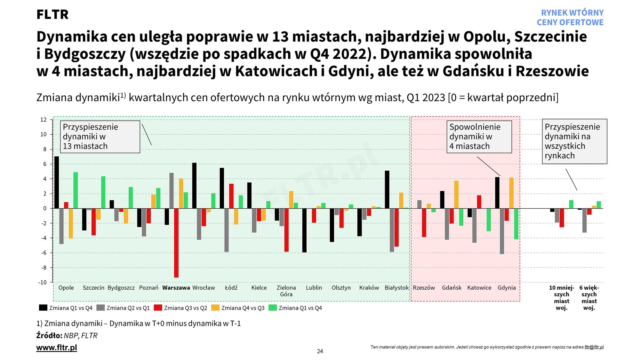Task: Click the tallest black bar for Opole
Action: click(57, 182)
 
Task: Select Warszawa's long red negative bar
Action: click(176, 243)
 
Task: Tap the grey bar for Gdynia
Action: click(502, 231)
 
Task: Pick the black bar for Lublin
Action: click(304, 230)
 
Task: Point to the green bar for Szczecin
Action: click(103, 192)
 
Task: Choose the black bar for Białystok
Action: click(387, 189)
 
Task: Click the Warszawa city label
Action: click(176, 288)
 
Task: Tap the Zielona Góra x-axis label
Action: click(286, 291)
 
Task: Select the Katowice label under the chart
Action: click(479, 288)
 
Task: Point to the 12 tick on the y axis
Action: click(43, 120)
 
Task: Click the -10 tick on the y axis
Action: click(43, 282)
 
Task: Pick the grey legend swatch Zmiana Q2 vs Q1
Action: click(100, 308)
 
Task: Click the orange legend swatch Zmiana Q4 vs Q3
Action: click(215, 308)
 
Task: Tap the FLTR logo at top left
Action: click(52, 14)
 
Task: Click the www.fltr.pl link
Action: click(57, 348)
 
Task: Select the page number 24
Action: click(320, 351)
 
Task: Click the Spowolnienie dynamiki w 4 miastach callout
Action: click(479, 137)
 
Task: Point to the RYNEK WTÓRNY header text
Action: click(572, 13)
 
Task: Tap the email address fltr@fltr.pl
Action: click(594, 347)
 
